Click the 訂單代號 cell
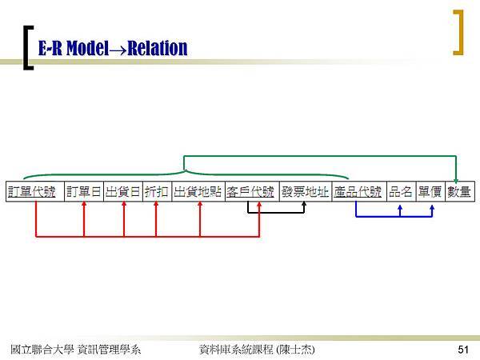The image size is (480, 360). [x=35, y=192]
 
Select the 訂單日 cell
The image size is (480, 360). [x=84, y=192]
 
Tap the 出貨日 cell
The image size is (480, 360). [x=123, y=192]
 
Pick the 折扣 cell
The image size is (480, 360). [x=157, y=192]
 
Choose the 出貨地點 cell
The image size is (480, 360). [x=198, y=192]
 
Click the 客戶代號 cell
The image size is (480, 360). [x=252, y=192]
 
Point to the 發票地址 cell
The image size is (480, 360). [x=306, y=192]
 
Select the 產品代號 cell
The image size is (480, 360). [x=359, y=192]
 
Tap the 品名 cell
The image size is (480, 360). [x=402, y=192]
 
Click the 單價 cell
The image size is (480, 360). [x=430, y=192]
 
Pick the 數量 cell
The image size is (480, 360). [x=460, y=192]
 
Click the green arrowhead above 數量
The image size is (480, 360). [x=456, y=181]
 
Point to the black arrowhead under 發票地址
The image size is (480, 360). [x=304, y=203]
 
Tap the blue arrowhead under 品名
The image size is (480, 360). [x=400, y=207]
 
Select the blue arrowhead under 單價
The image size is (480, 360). [x=432, y=207]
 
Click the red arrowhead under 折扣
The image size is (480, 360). [x=156, y=203]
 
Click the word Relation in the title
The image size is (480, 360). [x=158, y=48]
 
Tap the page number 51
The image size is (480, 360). [x=463, y=350]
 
